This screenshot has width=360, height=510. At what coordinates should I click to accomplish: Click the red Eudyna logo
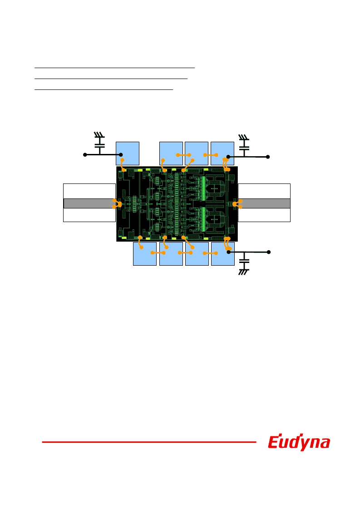299,442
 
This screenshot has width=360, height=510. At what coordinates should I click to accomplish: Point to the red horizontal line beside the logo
149,442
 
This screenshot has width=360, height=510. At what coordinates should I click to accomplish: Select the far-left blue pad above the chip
128,153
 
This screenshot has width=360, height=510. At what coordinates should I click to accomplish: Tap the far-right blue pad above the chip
222,153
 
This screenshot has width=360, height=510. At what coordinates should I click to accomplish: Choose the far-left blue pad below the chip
145,254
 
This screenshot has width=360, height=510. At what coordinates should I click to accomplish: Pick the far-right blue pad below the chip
223,254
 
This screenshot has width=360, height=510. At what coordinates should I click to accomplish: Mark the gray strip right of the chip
264,203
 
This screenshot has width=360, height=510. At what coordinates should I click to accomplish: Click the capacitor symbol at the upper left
99,145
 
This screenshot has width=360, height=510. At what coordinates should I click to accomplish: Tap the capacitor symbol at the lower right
244,261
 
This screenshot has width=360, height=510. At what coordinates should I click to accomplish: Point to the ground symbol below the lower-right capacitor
244,272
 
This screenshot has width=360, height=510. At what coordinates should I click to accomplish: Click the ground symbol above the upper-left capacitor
99,135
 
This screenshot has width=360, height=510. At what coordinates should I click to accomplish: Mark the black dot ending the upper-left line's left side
85,155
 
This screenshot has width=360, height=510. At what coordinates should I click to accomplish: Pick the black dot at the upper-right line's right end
268,157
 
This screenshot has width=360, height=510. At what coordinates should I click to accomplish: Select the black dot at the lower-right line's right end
269,252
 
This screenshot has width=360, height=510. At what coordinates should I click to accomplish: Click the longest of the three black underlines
114,68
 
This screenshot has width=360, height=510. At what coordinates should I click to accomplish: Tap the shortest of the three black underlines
104,89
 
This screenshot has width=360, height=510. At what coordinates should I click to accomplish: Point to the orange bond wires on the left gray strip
117,203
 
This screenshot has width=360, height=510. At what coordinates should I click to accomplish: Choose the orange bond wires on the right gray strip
237,204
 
